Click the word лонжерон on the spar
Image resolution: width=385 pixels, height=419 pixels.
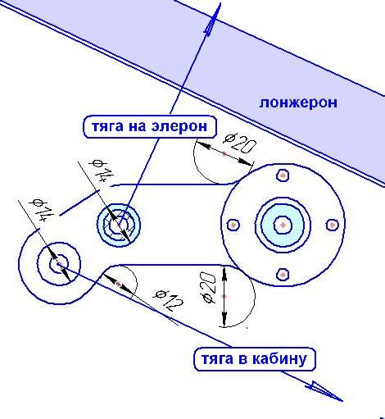point(298,103)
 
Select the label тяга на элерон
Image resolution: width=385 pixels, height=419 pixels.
point(150,127)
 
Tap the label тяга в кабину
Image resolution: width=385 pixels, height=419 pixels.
point(255,359)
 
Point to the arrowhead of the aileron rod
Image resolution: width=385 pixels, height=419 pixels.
point(213,19)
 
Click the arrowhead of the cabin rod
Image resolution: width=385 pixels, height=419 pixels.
point(324,391)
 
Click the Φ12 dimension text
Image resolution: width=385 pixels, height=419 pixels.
point(169,300)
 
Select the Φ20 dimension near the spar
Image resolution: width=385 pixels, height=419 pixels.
point(240,143)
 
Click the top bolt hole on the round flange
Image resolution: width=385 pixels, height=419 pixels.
point(283,175)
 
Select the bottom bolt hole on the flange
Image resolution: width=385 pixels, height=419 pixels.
point(283,274)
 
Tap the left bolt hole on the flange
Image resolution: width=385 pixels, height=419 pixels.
point(233,225)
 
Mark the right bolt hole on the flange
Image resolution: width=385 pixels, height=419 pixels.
point(333,225)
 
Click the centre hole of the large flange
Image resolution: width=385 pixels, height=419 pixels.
point(283,225)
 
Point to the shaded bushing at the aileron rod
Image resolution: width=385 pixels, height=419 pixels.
point(119,225)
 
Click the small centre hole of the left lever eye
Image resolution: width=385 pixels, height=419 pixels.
point(59,264)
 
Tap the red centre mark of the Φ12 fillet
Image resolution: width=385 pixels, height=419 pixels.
point(118,285)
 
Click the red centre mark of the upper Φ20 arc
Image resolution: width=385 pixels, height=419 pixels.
point(224,153)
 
